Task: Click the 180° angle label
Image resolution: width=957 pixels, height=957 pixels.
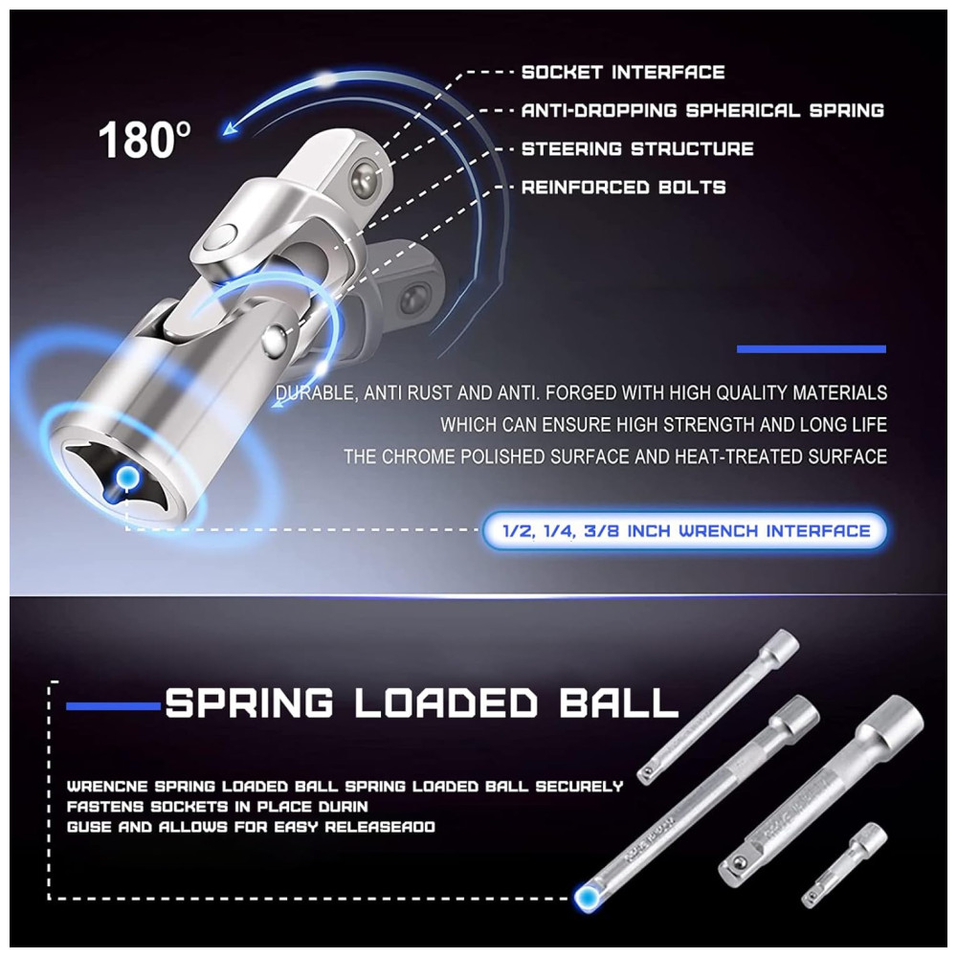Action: tap(145, 140)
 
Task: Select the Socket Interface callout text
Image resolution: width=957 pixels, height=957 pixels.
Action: tap(623, 72)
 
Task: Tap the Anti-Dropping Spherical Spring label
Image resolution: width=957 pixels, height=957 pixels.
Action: tap(702, 110)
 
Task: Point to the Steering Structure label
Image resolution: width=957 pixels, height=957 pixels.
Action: tap(637, 149)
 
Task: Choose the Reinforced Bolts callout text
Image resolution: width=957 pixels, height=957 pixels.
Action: tap(623, 188)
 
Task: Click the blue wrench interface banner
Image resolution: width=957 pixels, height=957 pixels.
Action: tap(684, 531)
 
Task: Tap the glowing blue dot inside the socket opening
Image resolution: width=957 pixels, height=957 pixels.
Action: tap(127, 476)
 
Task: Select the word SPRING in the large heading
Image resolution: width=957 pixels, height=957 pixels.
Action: tap(250, 702)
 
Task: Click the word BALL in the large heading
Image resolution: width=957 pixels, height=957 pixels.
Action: tap(617, 702)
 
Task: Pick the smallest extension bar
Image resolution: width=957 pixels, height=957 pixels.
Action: tap(844, 863)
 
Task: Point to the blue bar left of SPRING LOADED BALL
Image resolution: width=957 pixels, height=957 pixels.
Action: tap(114, 707)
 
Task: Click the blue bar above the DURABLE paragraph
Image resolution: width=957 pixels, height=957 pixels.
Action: tap(812, 349)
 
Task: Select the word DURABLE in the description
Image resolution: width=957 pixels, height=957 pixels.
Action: tap(315, 393)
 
